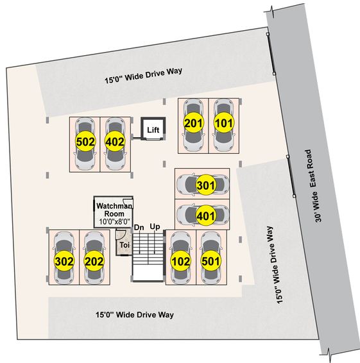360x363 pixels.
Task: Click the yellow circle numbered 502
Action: (85, 142)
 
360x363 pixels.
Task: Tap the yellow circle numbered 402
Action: (115, 142)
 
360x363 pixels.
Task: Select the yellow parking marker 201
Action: (194, 123)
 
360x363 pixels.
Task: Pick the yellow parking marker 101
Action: (223, 123)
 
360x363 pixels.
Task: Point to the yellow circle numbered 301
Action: (206, 185)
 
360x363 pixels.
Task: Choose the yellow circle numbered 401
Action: (206, 216)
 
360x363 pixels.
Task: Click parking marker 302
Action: (64, 262)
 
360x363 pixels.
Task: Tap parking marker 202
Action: (94, 262)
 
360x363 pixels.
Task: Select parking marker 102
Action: (181, 262)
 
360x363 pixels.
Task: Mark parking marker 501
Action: (210, 262)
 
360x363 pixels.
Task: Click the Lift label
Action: (153, 130)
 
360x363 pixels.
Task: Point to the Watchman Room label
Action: (114, 210)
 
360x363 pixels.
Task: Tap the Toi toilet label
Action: (124, 245)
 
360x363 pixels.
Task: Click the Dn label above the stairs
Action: (139, 228)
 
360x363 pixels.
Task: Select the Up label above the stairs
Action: (155, 226)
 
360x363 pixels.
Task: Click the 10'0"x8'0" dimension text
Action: (114, 221)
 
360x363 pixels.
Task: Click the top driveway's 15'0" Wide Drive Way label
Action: (143, 76)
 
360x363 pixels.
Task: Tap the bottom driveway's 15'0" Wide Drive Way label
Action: (135, 315)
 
